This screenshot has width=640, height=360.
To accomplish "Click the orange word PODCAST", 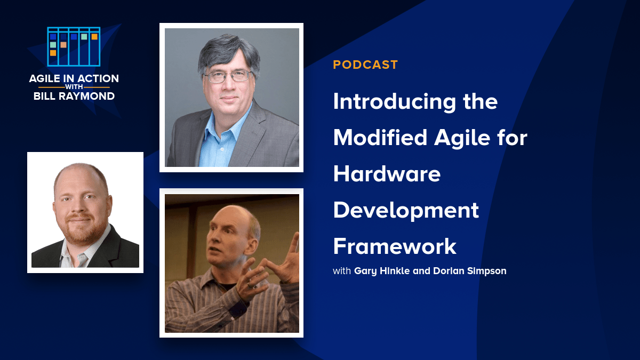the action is point(365,65).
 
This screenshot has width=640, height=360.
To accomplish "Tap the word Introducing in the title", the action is point(394,102).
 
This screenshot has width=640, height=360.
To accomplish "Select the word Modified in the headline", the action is point(380,138).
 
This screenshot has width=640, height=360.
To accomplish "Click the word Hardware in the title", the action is point(387,174).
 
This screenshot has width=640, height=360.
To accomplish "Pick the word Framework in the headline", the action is point(395,246).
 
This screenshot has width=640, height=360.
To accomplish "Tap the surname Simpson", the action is point(486,271).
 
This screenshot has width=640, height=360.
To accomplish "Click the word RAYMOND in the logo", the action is point(86,97).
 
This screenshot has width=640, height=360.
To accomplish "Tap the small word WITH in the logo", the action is point(74,87).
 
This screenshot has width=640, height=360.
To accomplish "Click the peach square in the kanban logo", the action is point(63,45).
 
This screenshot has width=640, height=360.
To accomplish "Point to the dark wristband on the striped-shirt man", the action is point(238,309).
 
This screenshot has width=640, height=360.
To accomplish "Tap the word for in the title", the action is point(512,138).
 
